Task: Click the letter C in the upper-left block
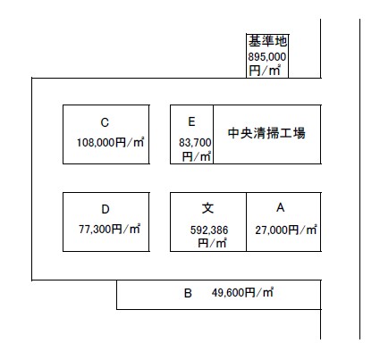coord(105,122)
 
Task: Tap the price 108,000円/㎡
coord(110,143)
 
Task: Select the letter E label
coord(191,121)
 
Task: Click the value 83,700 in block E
coord(195,143)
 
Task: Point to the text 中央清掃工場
coord(266,133)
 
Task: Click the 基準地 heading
coord(267,41)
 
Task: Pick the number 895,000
coord(267,56)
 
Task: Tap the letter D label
coord(106,209)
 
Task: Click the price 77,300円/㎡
coord(109,229)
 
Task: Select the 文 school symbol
coord(207,208)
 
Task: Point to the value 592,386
coord(209,230)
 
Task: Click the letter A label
coord(280,207)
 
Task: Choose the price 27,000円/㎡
coord(286,230)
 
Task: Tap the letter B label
coord(188,293)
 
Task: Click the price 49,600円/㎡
coord(242,293)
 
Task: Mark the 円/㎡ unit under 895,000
coord(265,71)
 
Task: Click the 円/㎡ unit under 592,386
coord(212,243)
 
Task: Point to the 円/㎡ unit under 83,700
coord(197,156)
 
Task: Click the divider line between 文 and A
coord(246,222)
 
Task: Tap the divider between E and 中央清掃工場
coord(213,134)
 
